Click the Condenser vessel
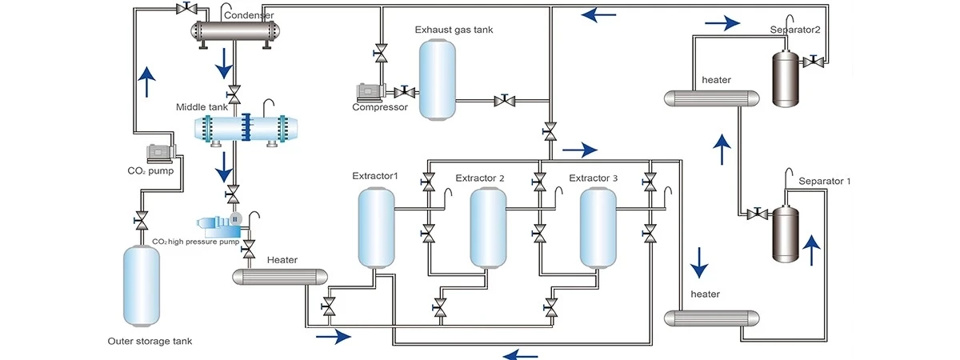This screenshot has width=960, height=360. [x=237, y=32]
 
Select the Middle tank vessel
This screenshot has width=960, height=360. [x=246, y=129]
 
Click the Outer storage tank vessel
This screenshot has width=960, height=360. [x=141, y=286]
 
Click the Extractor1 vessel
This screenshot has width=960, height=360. [x=375, y=226]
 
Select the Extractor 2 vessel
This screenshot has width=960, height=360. [x=487, y=227]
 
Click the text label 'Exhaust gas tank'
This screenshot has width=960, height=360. [x=454, y=30]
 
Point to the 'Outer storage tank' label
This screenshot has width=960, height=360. [x=150, y=342]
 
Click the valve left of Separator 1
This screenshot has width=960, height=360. [x=754, y=214]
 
